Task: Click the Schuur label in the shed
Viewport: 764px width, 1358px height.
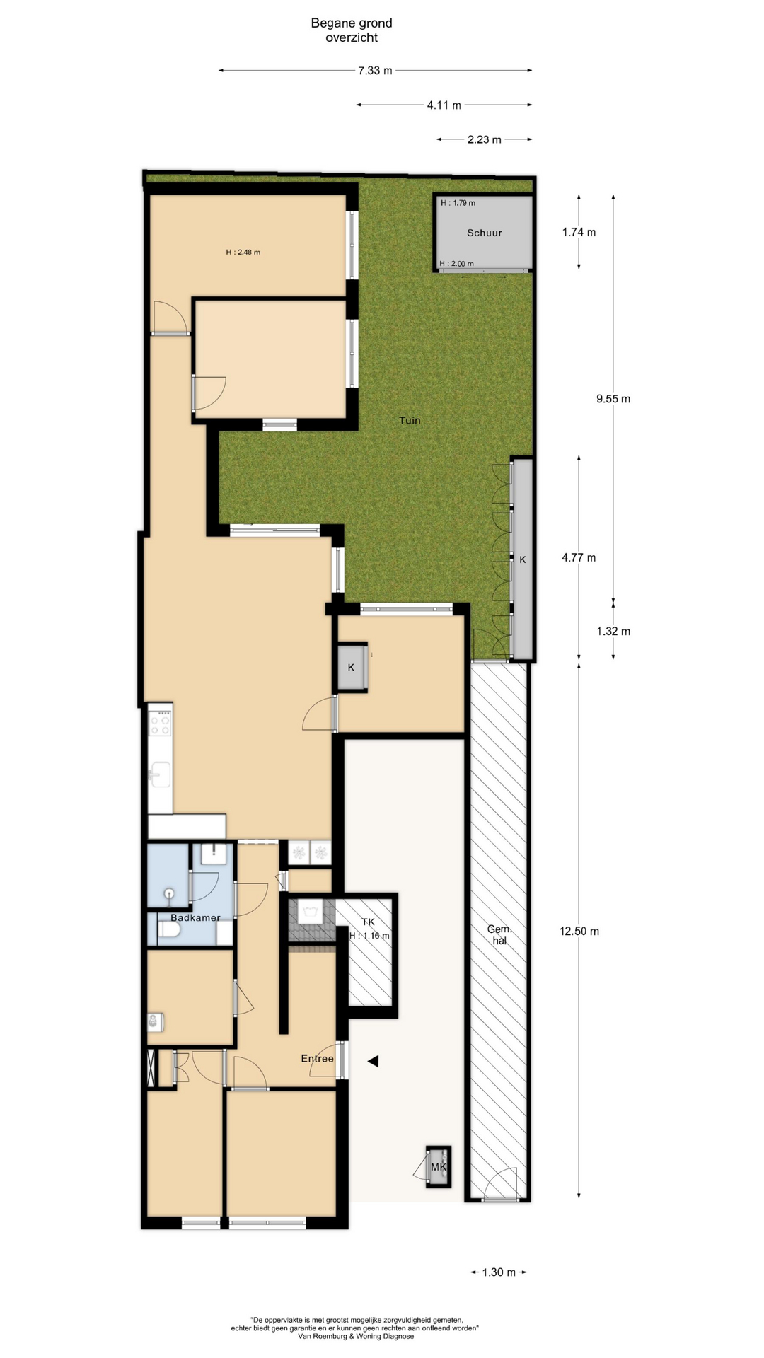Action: pos(485,233)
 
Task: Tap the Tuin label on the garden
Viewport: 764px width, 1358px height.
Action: pos(410,420)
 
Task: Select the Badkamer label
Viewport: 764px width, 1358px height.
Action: pos(195,917)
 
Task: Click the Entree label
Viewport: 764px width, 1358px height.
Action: pos(317,1058)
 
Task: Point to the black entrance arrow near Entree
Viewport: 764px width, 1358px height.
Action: pos(373,1061)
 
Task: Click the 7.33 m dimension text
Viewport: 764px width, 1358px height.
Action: pos(375,71)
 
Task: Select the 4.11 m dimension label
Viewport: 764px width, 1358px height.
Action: pos(444,105)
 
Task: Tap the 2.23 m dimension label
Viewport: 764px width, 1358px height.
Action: pos(485,140)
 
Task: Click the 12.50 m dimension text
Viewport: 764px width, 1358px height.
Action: pos(579,931)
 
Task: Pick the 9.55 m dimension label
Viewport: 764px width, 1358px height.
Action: pos(613,399)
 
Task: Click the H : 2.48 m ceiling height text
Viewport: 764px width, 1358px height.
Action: pos(243,252)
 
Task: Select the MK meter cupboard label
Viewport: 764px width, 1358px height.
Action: pos(439,1166)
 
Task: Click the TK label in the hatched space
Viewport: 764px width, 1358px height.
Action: pos(368,922)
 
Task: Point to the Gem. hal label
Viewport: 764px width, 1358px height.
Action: pos(499,935)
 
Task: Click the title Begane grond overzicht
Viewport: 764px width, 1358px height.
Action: pos(352,30)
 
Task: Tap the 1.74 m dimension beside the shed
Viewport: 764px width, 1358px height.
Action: pos(579,232)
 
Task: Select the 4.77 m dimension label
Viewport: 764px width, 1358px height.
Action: pos(579,557)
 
